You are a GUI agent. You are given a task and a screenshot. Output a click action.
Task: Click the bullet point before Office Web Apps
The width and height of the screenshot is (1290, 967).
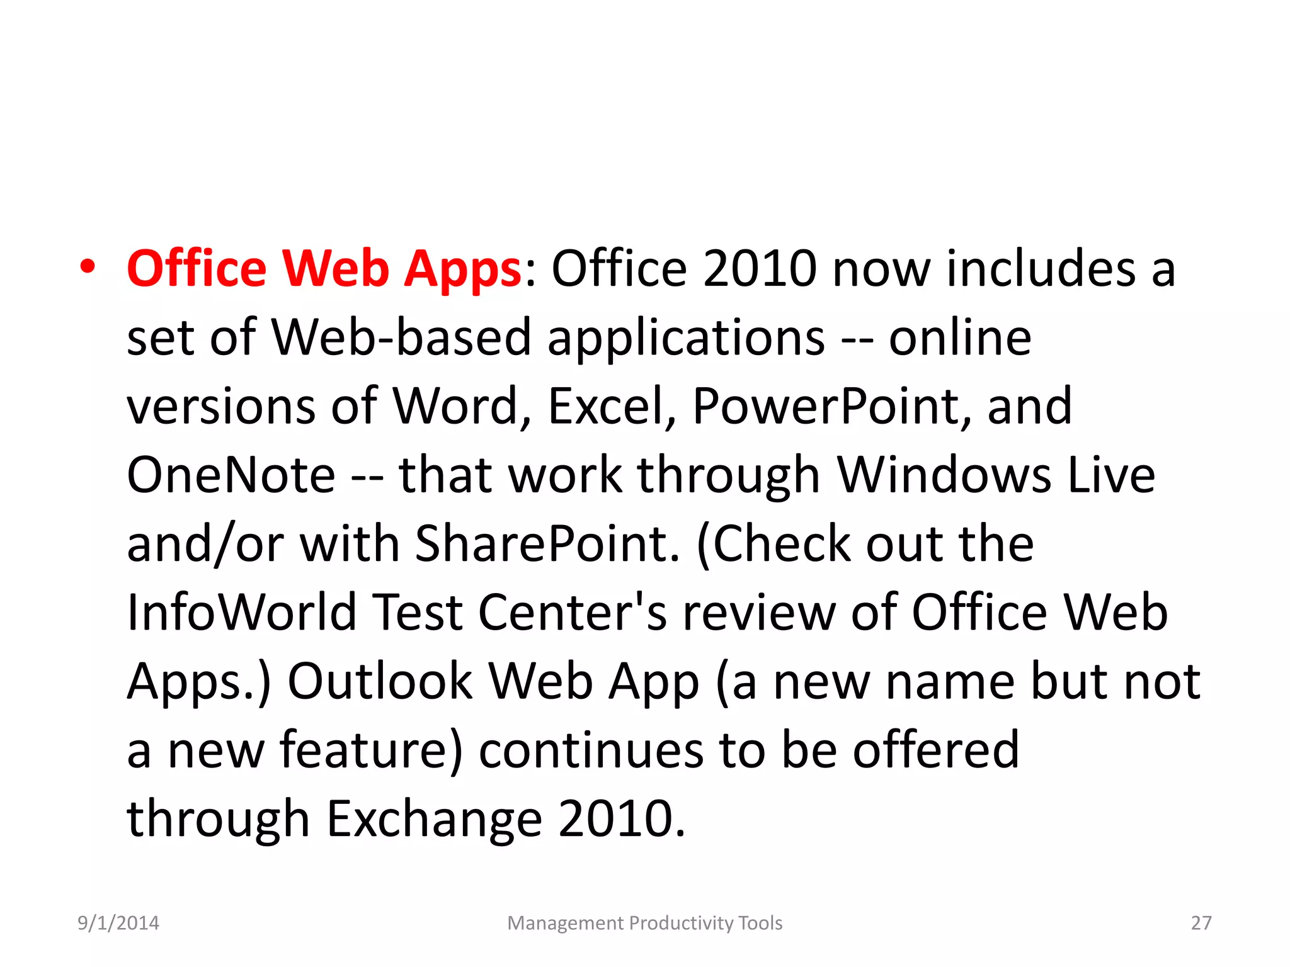tap(88, 267)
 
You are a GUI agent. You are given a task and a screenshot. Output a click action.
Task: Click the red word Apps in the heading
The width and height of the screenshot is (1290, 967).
tap(462, 269)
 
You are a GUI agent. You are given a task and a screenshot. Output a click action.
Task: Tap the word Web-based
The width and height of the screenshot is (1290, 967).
tap(401, 337)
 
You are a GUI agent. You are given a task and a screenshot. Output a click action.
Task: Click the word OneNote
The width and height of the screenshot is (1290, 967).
tap(231, 475)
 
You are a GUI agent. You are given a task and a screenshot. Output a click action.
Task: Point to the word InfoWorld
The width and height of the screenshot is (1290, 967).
tap(242, 612)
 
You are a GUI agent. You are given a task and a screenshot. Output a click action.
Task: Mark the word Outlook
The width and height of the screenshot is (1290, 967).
tap(380, 681)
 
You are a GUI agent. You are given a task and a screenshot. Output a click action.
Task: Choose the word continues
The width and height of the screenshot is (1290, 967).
tap(591, 750)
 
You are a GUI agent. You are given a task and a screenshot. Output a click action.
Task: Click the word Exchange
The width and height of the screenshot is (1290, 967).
tap(435, 819)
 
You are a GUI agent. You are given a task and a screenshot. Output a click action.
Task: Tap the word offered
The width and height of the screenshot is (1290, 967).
tap(935, 750)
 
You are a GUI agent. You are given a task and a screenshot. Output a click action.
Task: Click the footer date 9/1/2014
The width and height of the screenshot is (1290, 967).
tap(118, 923)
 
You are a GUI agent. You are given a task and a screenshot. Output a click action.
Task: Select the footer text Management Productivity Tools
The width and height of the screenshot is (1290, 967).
tap(644, 923)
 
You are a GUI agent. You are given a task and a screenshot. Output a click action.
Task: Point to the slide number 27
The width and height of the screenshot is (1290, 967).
tap(1201, 923)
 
